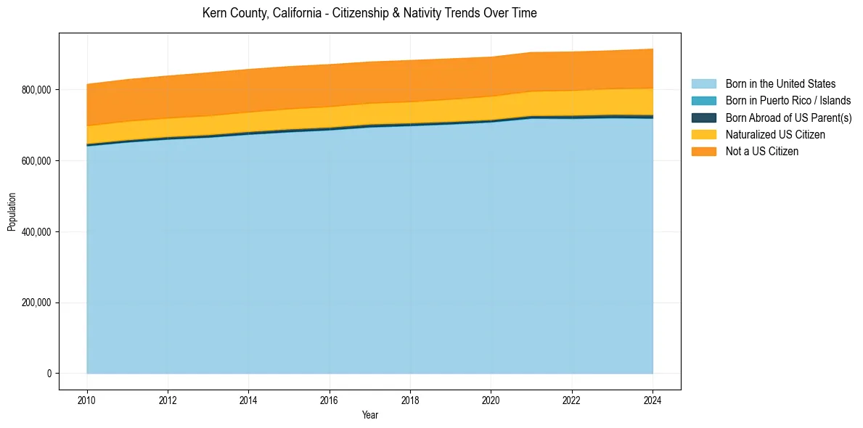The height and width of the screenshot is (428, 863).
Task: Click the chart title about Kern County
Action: point(369,13)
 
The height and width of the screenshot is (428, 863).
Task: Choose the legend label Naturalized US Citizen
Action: point(775,134)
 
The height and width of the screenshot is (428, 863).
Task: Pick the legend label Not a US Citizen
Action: point(762,151)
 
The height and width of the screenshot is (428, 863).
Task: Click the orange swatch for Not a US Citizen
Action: point(703,151)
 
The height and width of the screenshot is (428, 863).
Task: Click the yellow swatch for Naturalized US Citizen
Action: point(703,134)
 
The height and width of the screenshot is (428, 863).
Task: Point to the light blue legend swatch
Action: point(703,84)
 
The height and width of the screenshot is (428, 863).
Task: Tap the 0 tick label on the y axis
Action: point(49,374)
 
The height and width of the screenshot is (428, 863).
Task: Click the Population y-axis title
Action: point(12,212)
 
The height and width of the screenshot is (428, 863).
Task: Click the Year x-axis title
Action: point(369,415)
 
